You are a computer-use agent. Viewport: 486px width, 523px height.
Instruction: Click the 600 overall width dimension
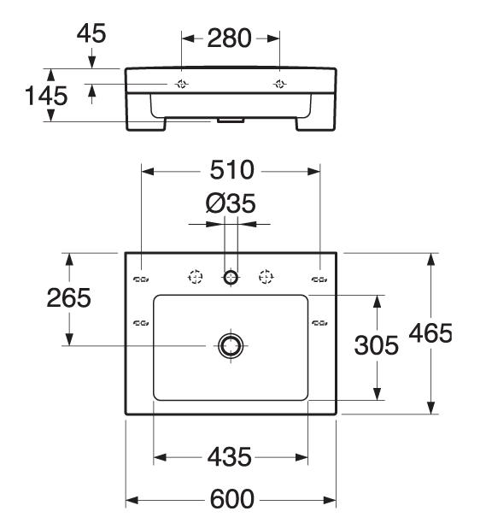pyautogui.click(x=231, y=499)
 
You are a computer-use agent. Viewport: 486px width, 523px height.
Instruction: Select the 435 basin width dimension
pyautogui.click(x=229, y=456)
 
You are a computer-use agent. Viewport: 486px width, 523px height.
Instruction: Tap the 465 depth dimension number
pyautogui.click(x=430, y=333)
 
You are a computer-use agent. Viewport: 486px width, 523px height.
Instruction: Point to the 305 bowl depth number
pyautogui.click(x=376, y=345)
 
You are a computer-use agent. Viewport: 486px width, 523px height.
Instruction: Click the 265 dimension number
pyautogui.click(x=68, y=297)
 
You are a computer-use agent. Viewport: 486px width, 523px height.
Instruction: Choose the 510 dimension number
pyautogui.click(x=231, y=170)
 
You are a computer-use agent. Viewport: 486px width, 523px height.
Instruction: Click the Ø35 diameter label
pyautogui.click(x=231, y=203)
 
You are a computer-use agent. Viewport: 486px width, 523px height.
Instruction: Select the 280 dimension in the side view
pyautogui.click(x=229, y=38)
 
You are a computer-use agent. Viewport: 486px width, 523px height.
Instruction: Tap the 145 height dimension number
pyautogui.click(x=46, y=96)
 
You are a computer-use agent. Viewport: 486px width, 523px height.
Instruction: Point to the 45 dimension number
pyautogui.click(x=91, y=33)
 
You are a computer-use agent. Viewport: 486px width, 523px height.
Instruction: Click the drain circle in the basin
pyautogui.click(x=231, y=345)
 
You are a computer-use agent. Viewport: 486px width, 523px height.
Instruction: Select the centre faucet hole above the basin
pyautogui.click(x=231, y=277)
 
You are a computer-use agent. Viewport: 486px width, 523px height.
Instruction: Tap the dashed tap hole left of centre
pyautogui.click(x=196, y=277)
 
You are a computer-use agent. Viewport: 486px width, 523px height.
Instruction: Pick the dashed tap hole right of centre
pyautogui.click(x=266, y=277)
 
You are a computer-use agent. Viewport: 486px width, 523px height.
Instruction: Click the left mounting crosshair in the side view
pyautogui.click(x=181, y=84)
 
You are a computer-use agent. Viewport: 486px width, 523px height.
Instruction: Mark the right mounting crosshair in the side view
pyautogui.click(x=279, y=84)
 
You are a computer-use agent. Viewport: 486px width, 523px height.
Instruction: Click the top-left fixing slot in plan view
pyautogui.click(x=141, y=279)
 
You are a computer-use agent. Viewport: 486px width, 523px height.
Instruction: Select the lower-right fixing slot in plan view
pyautogui.click(x=319, y=322)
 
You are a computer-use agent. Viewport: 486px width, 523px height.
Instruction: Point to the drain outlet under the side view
pyautogui.click(x=231, y=120)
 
